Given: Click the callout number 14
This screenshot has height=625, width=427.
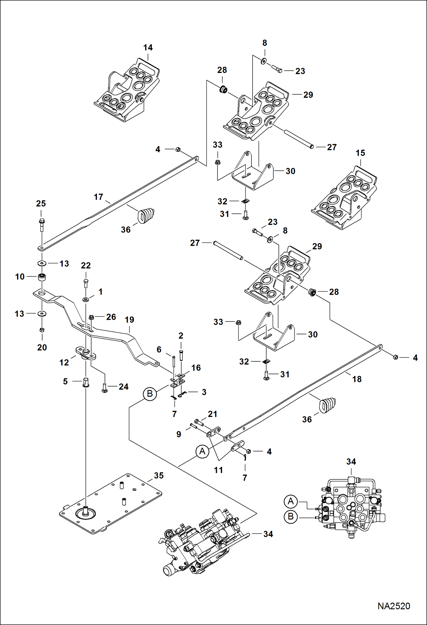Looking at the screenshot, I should tap(148, 48).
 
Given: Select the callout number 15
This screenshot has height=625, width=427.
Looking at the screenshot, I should tap(360, 153).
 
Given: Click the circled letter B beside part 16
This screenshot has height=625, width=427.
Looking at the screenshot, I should tap(150, 394).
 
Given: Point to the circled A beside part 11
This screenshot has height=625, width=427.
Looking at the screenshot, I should tap(202, 451).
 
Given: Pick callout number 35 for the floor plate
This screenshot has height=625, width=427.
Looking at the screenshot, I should tap(159, 476).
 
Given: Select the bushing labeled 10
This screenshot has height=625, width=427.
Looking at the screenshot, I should tap(42, 277).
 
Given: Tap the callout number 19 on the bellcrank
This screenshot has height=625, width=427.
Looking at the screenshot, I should tap(129, 320).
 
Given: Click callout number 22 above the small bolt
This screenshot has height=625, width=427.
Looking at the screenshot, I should tap(86, 266).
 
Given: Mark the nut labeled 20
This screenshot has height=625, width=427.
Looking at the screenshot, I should tap(42, 330).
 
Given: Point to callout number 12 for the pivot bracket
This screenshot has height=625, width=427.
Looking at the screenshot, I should tap(64, 363).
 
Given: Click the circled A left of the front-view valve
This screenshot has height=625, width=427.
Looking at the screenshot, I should tap(291, 501).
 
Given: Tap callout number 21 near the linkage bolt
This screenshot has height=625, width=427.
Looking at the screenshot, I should tap(212, 414).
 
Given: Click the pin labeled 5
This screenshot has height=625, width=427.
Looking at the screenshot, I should tap(86, 382).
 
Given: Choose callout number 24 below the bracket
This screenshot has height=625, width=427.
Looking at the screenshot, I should tap(123, 387).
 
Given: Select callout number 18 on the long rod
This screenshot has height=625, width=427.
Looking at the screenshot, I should tap(357, 379).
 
